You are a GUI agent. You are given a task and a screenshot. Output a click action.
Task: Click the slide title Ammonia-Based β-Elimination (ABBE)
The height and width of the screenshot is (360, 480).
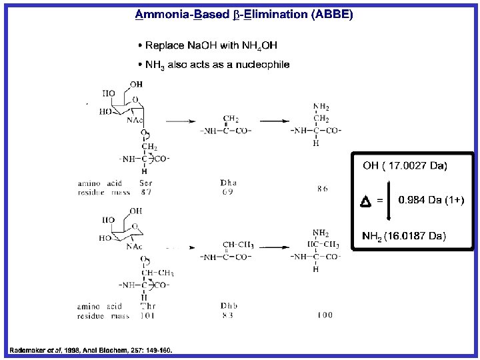click(244, 14)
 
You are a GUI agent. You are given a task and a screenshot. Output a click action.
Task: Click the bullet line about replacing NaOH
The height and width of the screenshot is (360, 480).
click(207, 45)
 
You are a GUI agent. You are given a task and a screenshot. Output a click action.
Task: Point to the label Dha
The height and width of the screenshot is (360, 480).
click(228, 183)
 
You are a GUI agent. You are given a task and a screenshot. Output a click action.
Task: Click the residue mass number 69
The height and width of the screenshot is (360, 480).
click(227, 192)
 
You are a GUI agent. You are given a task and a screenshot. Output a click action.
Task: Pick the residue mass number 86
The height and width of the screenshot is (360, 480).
click(322, 189)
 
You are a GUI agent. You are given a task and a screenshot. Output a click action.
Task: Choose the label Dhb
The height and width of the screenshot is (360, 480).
click(228, 306)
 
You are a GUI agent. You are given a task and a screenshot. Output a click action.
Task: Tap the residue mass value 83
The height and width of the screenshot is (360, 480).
click(227, 315)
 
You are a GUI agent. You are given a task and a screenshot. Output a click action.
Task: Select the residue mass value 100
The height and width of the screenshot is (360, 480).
click(324, 315)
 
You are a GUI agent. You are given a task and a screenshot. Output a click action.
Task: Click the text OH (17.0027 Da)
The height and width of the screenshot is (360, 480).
click(405, 165)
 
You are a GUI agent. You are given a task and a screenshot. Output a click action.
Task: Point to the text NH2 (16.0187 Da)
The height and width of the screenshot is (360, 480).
click(403, 236)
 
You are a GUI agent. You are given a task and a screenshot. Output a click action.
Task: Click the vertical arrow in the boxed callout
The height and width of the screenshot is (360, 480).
click(388, 200)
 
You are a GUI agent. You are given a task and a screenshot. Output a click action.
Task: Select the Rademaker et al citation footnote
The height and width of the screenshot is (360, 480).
click(90, 350)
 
